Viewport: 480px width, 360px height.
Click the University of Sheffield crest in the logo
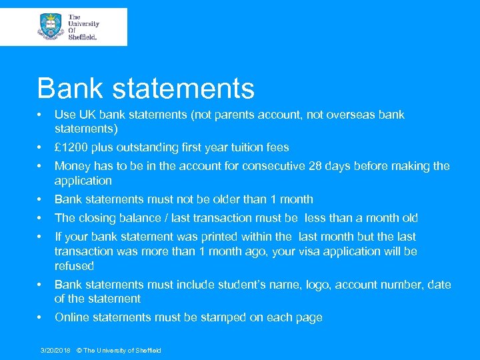pos(51,27)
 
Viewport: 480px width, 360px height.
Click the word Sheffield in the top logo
pos(83,37)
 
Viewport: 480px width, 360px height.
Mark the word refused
pos(75,266)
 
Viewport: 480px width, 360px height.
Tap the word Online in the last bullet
pos(73,318)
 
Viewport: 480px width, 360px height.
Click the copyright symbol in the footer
pos(79,351)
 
